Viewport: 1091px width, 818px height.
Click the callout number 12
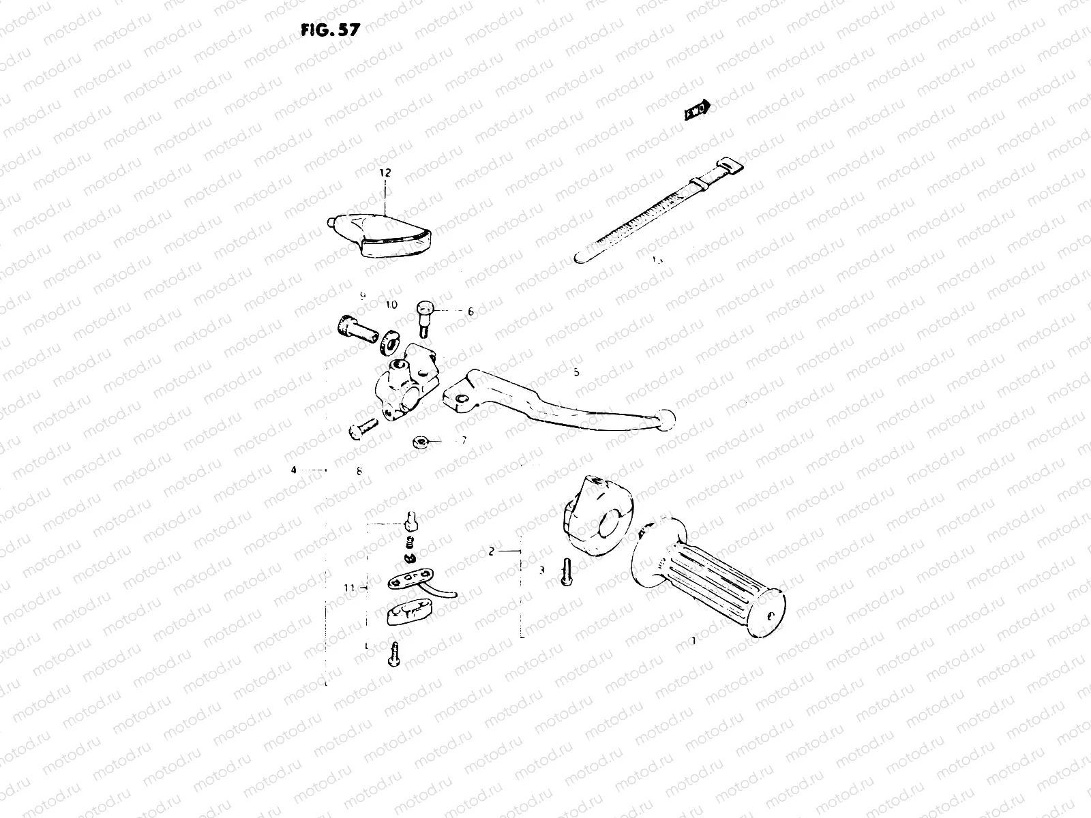click(x=385, y=173)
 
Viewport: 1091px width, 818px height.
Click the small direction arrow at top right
click(x=698, y=109)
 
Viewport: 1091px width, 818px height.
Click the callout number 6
click(x=470, y=312)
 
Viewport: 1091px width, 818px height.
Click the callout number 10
click(x=391, y=305)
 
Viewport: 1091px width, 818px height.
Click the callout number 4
click(x=294, y=470)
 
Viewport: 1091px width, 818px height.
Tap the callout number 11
click(x=350, y=587)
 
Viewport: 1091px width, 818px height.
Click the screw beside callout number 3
click(x=565, y=571)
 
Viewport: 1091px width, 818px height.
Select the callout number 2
click(x=491, y=551)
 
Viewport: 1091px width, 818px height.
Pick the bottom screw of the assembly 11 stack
click(x=393, y=655)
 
